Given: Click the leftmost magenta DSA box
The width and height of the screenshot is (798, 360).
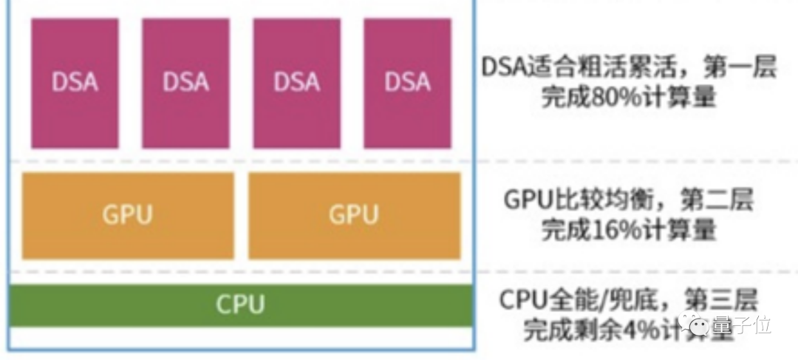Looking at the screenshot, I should point(75,111).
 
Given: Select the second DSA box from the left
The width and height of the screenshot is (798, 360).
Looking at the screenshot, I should point(185,111).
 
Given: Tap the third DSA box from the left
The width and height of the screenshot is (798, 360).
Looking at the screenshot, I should point(296,111).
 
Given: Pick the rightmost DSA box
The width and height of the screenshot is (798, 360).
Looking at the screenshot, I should point(407,111).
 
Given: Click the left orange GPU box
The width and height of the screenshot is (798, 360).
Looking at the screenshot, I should point(128,215).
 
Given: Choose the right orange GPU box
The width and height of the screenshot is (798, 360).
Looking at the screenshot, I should point(354,215).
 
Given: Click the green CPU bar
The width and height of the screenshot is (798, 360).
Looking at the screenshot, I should point(240,305).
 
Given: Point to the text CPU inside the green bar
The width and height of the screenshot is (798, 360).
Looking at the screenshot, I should point(240,305).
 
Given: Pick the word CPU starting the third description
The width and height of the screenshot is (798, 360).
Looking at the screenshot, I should point(524,301).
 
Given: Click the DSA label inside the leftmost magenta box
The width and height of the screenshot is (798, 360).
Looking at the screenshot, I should point(75,81).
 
